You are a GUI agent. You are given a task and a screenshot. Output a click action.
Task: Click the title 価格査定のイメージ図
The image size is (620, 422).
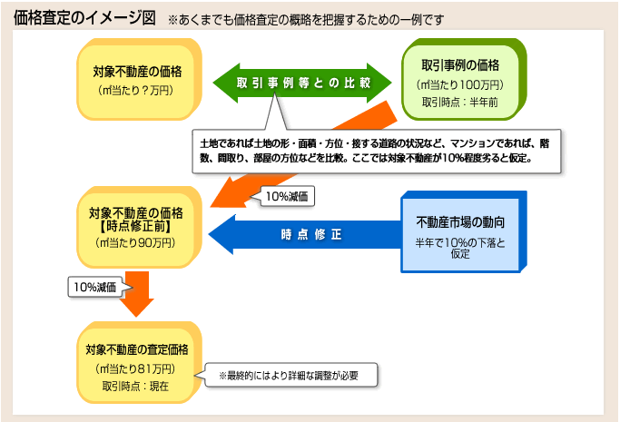84,17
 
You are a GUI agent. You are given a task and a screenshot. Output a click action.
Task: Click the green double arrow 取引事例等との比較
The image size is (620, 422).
302,83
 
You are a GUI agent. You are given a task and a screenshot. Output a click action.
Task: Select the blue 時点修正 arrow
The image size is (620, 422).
304,234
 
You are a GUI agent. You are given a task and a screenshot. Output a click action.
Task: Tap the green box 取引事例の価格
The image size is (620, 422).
464,79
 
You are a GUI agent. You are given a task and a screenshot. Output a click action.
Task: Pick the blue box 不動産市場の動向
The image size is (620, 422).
464,232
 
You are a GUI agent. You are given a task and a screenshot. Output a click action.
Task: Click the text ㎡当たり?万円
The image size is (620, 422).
135,91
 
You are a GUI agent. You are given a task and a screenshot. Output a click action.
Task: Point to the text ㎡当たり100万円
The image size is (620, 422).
460,84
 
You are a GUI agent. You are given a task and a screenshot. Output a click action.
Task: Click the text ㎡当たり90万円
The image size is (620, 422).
135,242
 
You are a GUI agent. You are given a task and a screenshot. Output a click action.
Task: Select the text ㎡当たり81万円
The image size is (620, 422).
135,368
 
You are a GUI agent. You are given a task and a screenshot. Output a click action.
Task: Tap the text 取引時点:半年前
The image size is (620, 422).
460,103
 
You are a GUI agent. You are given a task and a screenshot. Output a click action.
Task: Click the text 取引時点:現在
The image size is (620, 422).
135,386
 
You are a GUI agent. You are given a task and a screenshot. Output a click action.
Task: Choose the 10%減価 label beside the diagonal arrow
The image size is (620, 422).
287,196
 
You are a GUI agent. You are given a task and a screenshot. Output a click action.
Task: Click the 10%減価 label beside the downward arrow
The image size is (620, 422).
95,287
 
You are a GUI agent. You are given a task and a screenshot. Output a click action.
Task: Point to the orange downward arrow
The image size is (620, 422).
137,293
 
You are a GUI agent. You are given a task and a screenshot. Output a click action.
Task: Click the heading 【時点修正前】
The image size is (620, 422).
135,226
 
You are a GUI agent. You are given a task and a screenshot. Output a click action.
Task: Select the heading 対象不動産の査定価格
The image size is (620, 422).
137,349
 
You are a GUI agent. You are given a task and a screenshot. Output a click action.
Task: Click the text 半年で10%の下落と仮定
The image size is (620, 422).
460,248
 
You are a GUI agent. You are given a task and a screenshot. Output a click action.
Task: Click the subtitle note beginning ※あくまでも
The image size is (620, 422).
306,20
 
